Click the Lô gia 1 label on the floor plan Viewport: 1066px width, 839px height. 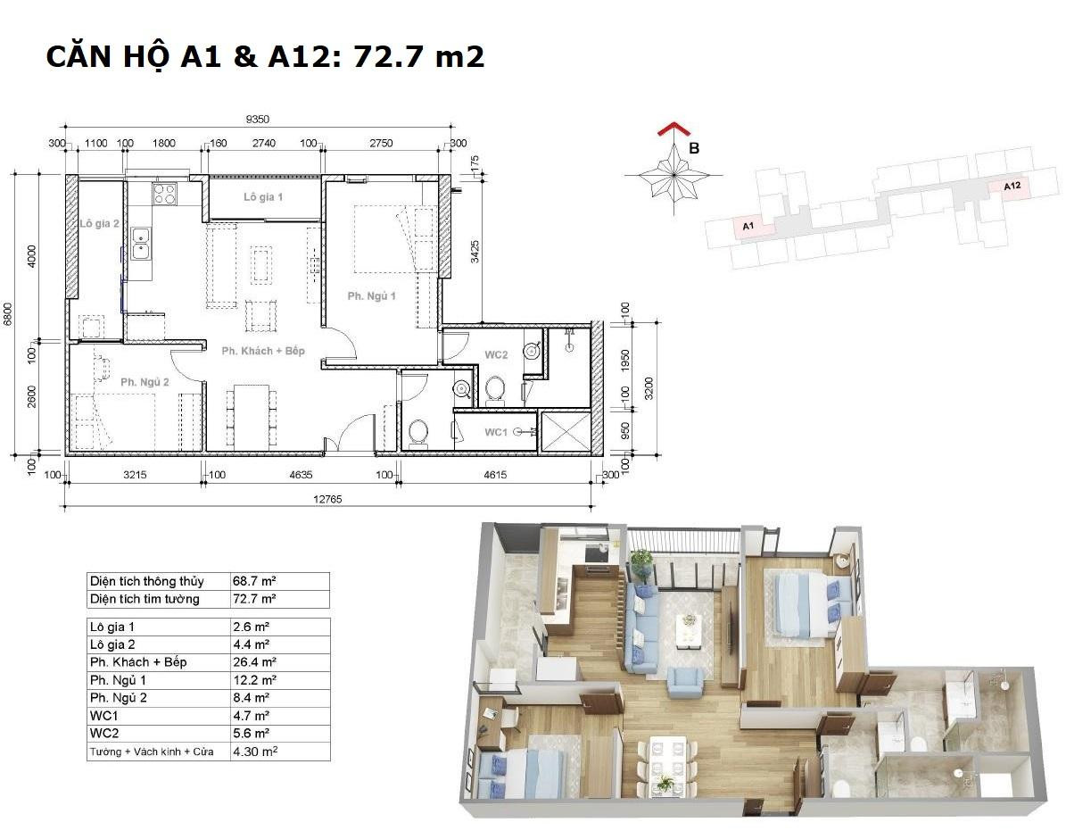pyautogui.click(x=263, y=196)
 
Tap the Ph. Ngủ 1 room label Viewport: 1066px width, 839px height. pyautogui.click(x=371, y=296)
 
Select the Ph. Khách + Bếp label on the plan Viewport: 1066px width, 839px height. pyautogui.click(x=263, y=351)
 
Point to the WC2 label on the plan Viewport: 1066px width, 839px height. pyautogui.click(x=496, y=354)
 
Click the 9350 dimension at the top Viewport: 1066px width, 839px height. pyautogui.click(x=258, y=119)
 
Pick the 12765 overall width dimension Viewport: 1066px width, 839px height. pyautogui.click(x=327, y=499)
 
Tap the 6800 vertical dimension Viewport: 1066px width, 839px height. pyautogui.click(x=8, y=314)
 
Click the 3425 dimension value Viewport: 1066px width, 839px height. pyautogui.click(x=475, y=251)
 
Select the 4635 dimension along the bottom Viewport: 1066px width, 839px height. pyautogui.click(x=301, y=474)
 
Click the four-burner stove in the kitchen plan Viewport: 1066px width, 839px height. pyautogui.click(x=164, y=194)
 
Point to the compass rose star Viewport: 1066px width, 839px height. pyautogui.click(x=673, y=174)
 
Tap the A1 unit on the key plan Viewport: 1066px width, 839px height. pyautogui.click(x=749, y=226)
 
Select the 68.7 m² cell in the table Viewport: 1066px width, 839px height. pyautogui.click(x=254, y=581)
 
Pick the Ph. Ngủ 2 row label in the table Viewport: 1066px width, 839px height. pyautogui.click(x=119, y=698)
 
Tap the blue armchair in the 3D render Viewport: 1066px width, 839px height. pyautogui.click(x=685, y=682)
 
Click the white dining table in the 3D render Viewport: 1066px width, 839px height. pyautogui.click(x=665, y=763)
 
